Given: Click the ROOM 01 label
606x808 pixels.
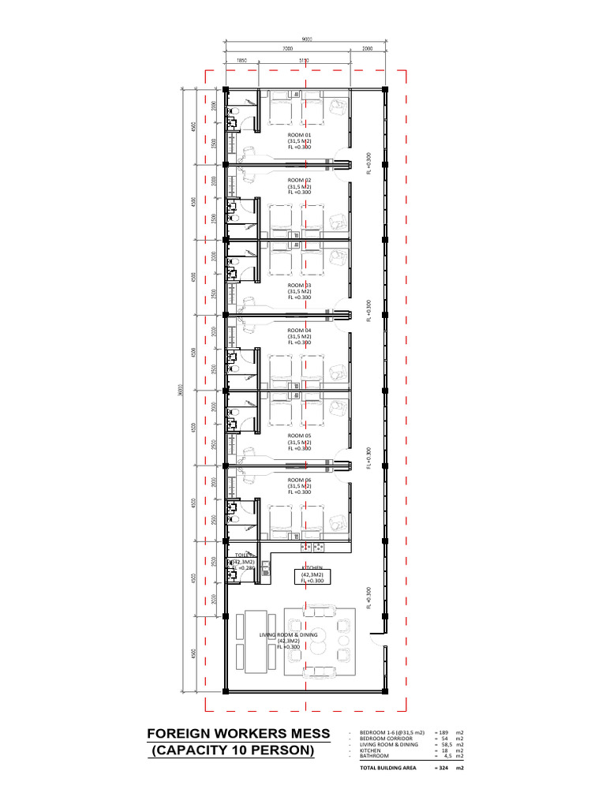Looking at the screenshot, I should click(x=299, y=135).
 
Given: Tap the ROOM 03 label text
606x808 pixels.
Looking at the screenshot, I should click(x=299, y=285).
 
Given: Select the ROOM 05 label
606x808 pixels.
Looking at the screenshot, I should click(x=299, y=436).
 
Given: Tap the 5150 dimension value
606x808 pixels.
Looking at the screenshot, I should click(x=304, y=60).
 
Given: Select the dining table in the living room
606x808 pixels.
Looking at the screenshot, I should click(x=254, y=643).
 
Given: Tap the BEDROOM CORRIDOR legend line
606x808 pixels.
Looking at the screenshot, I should click(x=387, y=739).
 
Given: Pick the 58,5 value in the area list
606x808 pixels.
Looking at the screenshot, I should click(x=444, y=745).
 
